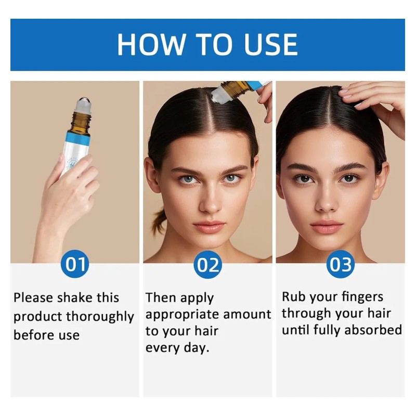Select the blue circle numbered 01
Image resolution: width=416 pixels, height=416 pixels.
75,265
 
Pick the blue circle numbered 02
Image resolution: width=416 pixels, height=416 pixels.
207,265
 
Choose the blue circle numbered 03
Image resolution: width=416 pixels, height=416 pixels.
340,265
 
